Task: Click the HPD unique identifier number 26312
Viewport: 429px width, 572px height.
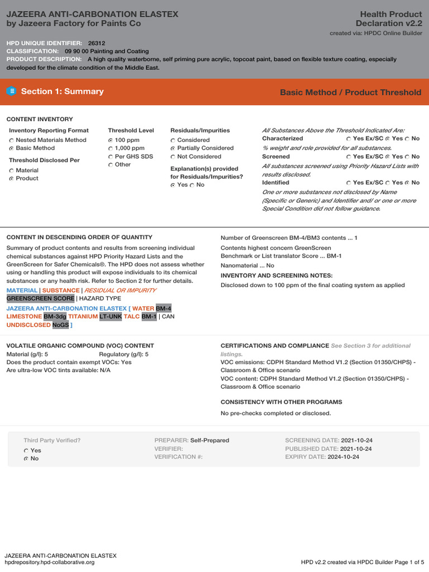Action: click(x=96, y=43)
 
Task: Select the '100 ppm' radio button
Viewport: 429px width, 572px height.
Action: click(x=111, y=140)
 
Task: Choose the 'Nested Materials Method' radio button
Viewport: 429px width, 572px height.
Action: click(x=12, y=140)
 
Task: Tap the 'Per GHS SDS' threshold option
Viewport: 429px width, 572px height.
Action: click(x=111, y=156)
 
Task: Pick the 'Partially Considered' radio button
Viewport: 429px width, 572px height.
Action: click(x=173, y=149)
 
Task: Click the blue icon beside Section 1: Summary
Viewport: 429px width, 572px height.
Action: click(x=12, y=92)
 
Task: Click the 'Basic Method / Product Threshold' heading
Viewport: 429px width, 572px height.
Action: click(x=350, y=92)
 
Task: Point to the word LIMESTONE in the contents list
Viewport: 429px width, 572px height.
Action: click(x=24, y=316)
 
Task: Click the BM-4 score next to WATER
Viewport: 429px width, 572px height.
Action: click(x=164, y=308)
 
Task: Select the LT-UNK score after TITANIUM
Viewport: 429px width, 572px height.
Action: click(x=111, y=316)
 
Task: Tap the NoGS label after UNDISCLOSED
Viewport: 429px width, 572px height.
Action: click(x=60, y=325)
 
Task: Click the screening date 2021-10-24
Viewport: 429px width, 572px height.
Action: click(x=356, y=440)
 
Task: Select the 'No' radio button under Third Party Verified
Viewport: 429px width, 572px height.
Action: click(x=26, y=459)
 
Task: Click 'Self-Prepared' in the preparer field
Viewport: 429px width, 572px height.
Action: click(x=209, y=440)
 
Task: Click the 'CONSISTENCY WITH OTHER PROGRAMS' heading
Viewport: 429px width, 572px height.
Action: click(x=281, y=402)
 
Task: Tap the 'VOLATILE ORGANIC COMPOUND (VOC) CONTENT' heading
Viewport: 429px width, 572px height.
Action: click(x=80, y=346)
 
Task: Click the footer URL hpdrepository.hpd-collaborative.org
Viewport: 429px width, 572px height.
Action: click(x=50, y=562)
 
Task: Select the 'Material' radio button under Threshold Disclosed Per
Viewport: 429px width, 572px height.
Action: click(x=12, y=170)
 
